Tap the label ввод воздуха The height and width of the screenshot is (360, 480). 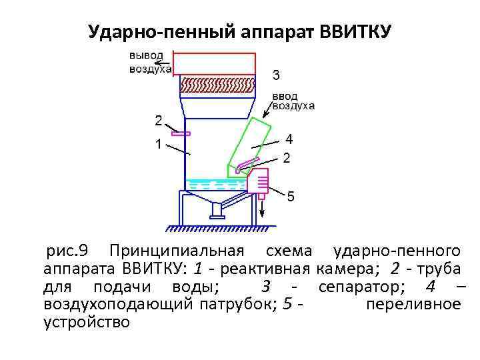click(x=292, y=101)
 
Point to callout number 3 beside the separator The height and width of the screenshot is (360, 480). click(x=276, y=74)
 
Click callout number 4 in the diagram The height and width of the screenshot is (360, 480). click(x=289, y=139)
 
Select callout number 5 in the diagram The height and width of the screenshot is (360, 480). click(x=291, y=197)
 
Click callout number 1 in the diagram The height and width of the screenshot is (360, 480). click(x=158, y=144)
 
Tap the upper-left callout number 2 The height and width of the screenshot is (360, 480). click(x=158, y=121)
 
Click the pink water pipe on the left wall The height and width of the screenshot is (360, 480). click(x=181, y=134)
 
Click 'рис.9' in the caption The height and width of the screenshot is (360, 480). click(x=68, y=251)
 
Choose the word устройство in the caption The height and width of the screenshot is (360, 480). click(x=87, y=323)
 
